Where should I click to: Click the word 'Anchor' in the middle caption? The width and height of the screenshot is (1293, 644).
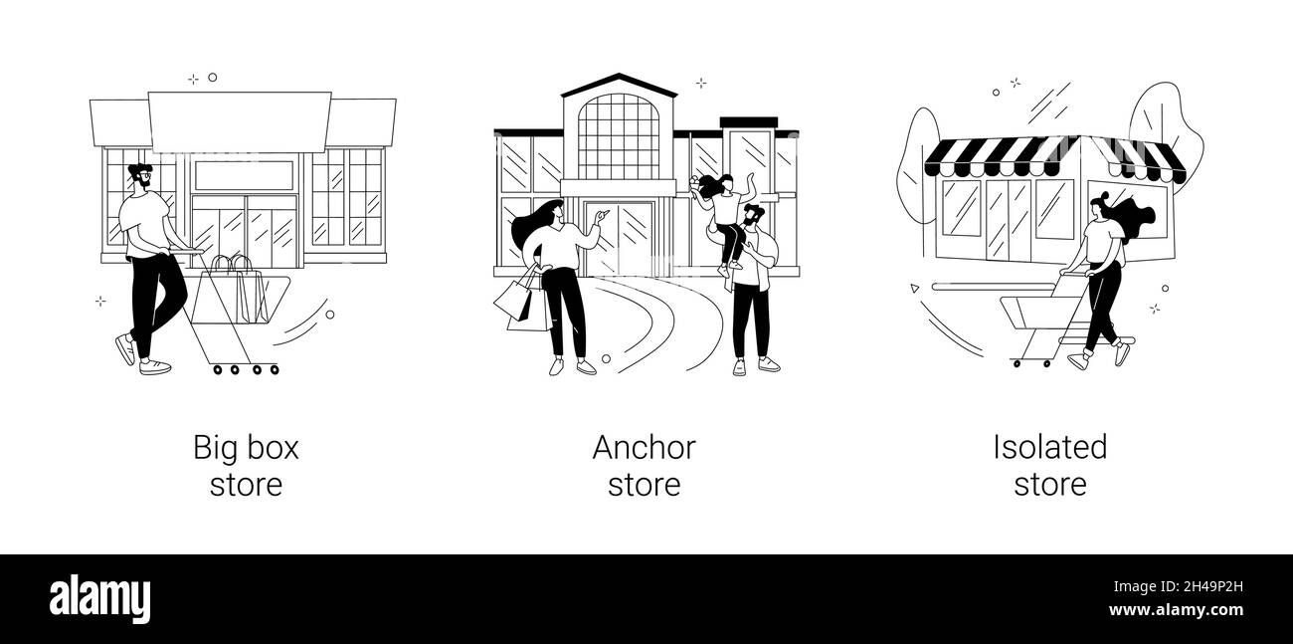(x=644, y=448)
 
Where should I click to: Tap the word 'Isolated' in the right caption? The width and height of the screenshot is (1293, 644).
(x=1049, y=448)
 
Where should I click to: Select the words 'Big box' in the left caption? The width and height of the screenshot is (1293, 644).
(x=246, y=448)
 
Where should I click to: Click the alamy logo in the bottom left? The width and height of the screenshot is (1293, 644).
(x=100, y=598)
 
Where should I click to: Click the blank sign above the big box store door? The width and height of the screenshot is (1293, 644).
(x=244, y=175)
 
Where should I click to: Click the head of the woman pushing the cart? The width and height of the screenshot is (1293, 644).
(x=1099, y=207)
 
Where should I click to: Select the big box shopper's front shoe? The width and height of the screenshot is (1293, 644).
(x=155, y=367)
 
